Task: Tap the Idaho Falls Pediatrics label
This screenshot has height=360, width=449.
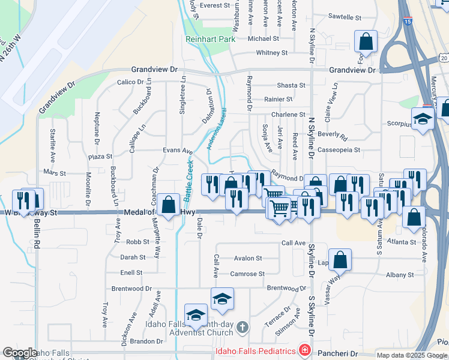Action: pyautogui.click(x=256, y=350)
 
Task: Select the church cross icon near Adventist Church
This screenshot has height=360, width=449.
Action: pyautogui.click(x=243, y=327)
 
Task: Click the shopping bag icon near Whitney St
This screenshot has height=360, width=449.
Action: pyautogui.click(x=366, y=42)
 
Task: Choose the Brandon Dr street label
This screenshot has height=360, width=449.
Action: pyautogui.click(x=142, y=341)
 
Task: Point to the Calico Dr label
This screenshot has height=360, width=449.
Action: pyautogui.click(x=131, y=82)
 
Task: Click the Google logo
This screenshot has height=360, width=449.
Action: pyautogui.click(x=20, y=353)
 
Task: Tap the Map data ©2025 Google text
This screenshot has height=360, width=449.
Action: pyautogui.click(x=411, y=355)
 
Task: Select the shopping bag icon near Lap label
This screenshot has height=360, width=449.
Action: pyautogui.click(x=340, y=260)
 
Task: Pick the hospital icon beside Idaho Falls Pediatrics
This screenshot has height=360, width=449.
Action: pyautogui.click(x=304, y=350)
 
